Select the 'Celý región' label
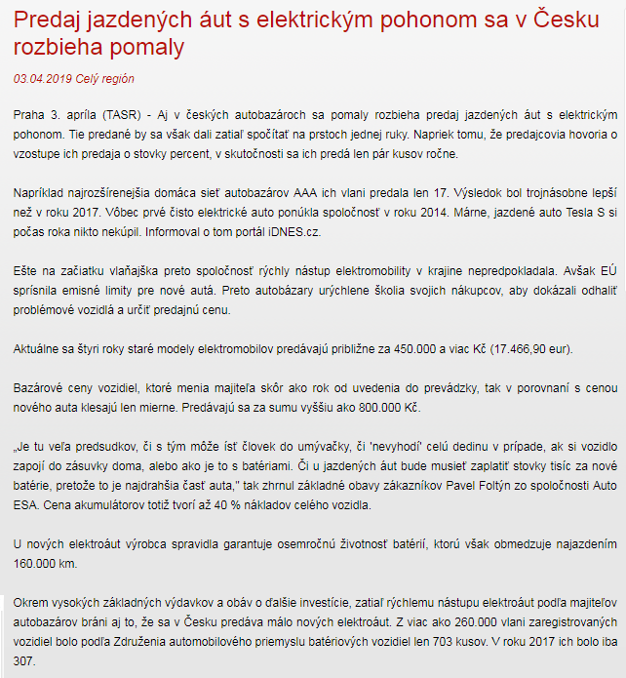pos(105,79)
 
